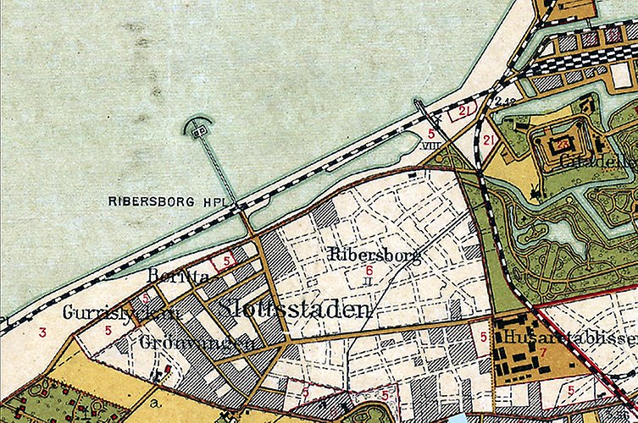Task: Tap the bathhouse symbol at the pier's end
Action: [199, 130]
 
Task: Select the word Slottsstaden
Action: [293, 310]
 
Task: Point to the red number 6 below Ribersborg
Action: [369, 270]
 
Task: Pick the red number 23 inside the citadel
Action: [562, 145]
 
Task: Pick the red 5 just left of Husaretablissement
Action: [483, 338]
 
